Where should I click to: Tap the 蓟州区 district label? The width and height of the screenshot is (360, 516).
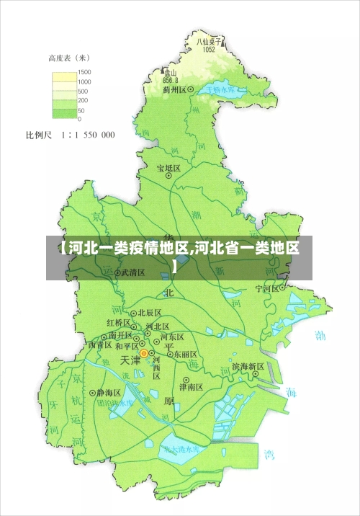[x=175, y=89]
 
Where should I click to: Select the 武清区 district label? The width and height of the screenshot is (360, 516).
[x=132, y=273]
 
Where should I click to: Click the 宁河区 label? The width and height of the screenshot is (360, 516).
[x=266, y=288]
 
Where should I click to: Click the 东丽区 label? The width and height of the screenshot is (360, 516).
[x=184, y=355]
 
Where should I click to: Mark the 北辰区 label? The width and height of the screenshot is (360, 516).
[x=149, y=313]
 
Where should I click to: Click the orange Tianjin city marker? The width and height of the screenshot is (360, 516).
[x=144, y=354]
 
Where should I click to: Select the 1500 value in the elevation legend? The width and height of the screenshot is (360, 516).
[x=84, y=73]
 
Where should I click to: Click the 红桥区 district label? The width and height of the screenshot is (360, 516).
[x=119, y=322]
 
